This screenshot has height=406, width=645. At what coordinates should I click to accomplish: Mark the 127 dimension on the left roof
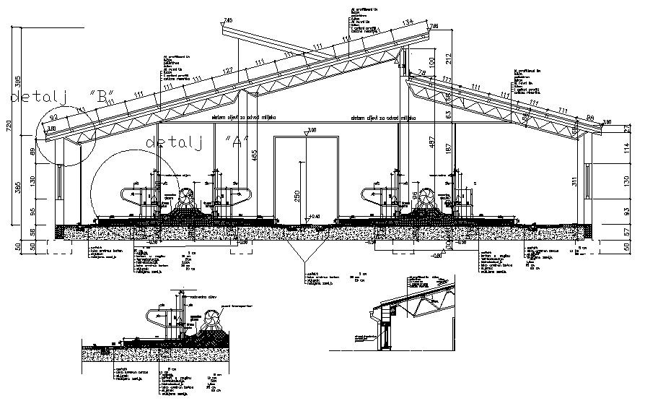(228, 70)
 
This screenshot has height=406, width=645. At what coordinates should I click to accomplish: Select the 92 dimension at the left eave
(53, 116)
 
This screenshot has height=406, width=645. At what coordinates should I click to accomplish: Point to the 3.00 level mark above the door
(311, 130)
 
